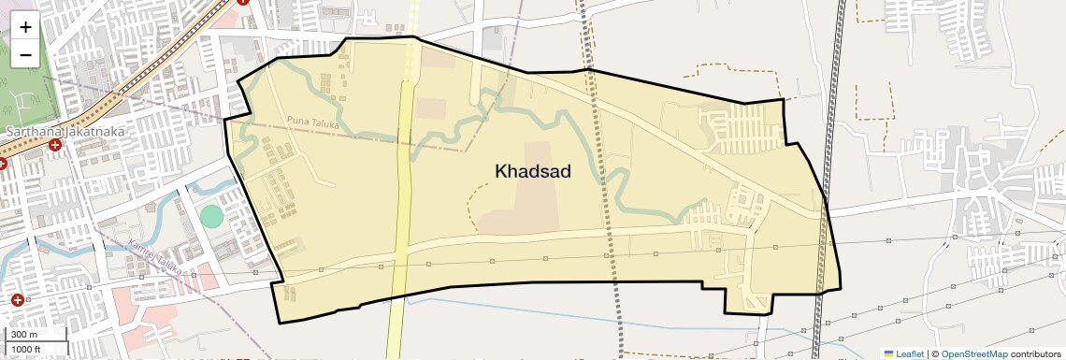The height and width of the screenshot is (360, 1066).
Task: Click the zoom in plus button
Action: tap(25, 27)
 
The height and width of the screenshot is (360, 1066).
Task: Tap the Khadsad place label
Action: tap(532, 171)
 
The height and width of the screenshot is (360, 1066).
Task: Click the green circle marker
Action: tap(212, 216)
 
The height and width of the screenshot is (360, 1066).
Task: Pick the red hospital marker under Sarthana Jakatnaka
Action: tap(56, 147)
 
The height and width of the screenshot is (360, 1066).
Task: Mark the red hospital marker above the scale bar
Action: tap(17, 300)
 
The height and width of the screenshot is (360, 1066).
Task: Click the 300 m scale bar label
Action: tap(25, 335)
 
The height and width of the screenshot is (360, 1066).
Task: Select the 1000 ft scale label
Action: tap(26, 349)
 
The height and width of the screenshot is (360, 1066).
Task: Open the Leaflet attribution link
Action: tap(909, 353)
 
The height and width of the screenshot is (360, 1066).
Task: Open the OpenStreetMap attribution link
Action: tap(973, 353)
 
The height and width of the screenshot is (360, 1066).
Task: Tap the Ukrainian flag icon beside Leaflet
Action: tap(888, 353)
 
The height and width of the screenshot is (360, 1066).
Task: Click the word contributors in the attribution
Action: tap(1035, 353)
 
